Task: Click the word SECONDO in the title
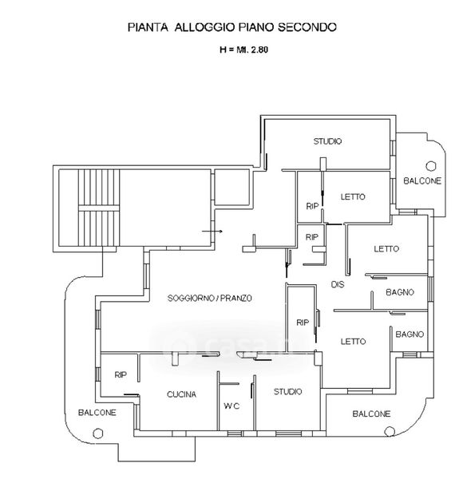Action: pos(307,27)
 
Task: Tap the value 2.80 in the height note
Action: pos(259,49)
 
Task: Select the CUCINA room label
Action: pos(181,394)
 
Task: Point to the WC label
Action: pos(231,406)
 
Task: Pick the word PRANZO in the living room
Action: pos(236,298)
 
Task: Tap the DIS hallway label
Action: pos(338,284)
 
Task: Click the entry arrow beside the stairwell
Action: pos(212,232)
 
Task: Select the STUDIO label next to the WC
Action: pos(287,392)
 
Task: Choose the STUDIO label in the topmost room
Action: pos(327,141)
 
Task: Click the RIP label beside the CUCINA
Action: pos(121,375)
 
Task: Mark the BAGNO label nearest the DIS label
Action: pos(400,292)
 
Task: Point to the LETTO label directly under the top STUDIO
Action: pos(353,196)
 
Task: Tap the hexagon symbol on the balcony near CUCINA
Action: pos(97,433)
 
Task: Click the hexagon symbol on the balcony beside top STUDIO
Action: pos(430,166)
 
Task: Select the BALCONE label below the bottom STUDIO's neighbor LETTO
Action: pos(371,414)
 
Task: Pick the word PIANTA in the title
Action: pos(148,27)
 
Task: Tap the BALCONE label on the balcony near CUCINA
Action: pos(97,413)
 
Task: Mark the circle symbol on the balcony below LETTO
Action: pos(389,431)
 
